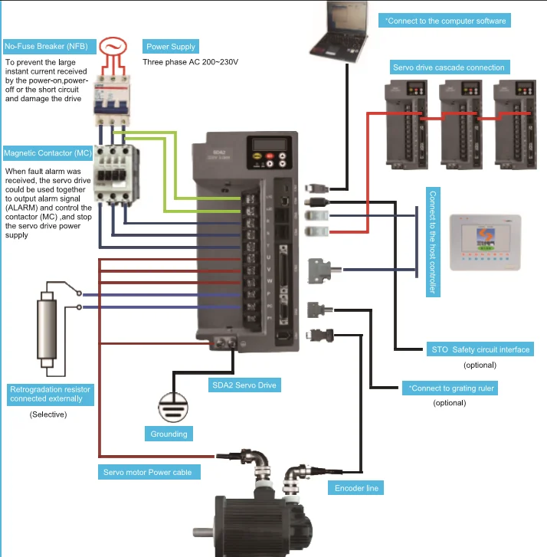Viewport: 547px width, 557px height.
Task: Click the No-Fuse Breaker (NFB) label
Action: (46, 47)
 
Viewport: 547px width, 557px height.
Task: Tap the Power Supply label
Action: (172, 46)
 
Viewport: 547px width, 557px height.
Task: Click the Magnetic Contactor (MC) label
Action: (48, 153)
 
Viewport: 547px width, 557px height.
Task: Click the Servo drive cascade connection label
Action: (448, 67)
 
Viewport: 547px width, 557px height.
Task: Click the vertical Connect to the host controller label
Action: (434, 243)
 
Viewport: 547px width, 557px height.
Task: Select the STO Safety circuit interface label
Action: (480, 349)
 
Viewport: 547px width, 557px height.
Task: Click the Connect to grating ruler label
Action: (450, 388)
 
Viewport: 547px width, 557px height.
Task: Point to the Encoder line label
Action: (355, 487)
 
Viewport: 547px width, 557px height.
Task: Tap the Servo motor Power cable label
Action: (148, 472)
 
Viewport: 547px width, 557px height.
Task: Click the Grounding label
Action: (169, 434)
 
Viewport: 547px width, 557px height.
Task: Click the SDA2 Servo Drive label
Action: (244, 385)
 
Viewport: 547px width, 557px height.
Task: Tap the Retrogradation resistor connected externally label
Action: (50, 394)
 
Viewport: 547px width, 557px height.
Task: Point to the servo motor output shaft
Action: (203, 531)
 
